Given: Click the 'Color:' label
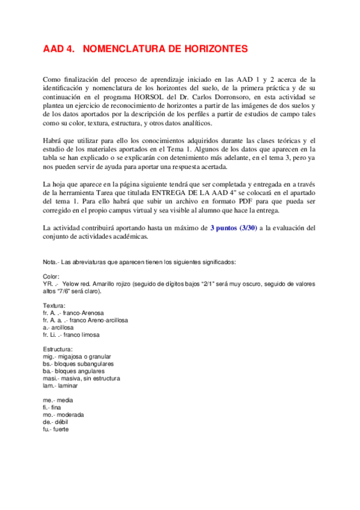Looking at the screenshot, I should (x=51, y=276).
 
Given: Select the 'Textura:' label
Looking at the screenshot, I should (x=55, y=306).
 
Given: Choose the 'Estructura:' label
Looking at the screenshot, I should (x=58, y=349).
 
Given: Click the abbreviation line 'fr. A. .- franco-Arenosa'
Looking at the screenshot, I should (x=73, y=313).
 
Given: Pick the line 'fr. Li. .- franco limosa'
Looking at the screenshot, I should (x=72, y=334).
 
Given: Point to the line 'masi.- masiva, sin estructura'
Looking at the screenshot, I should (x=81, y=378).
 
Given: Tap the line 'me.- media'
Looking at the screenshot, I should (x=58, y=400).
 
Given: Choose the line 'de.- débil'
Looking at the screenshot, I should (x=57, y=422).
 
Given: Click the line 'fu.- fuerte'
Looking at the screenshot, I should (x=58, y=429).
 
